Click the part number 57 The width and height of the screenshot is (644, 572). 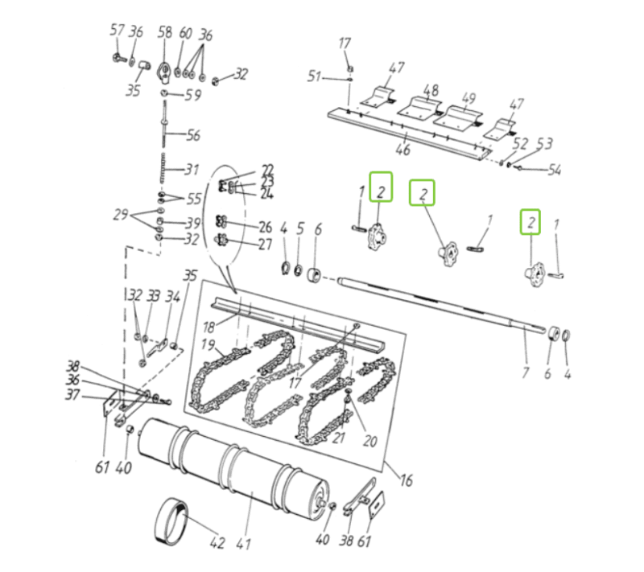[117, 31]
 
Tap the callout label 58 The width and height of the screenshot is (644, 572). [165, 32]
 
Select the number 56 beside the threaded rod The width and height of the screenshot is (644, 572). [193, 135]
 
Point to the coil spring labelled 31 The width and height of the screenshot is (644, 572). [163, 167]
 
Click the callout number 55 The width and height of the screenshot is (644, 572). [194, 199]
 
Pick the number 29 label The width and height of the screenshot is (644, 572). [120, 215]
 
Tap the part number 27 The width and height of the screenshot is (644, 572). [266, 244]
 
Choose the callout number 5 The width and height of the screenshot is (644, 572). [300, 228]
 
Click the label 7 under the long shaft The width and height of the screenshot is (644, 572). [526, 372]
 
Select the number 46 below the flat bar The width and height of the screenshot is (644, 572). [402, 150]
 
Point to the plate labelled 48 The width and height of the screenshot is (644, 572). [419, 108]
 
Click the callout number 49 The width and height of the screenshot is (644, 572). [469, 99]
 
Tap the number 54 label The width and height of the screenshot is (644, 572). [554, 170]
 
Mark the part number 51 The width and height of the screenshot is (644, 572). [315, 76]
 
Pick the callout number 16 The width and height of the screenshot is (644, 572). [406, 480]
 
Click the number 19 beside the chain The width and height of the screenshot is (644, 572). [208, 344]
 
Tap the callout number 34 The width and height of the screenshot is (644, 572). [173, 296]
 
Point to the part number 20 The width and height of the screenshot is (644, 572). [369, 441]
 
